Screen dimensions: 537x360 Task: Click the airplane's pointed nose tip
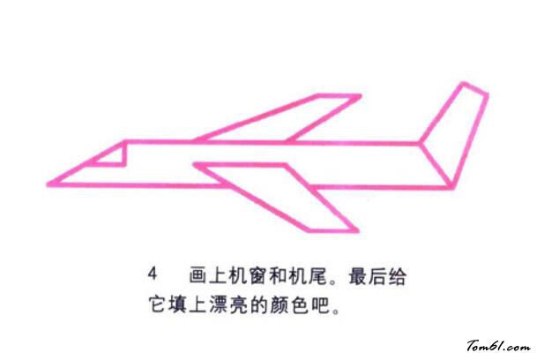click(x=48, y=185)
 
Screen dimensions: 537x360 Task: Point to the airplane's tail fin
click(x=454, y=135)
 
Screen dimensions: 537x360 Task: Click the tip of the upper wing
click(x=361, y=96)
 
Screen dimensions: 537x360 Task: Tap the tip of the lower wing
click(x=357, y=230)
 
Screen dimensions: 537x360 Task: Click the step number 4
click(x=153, y=274)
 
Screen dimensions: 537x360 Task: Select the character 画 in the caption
click(x=198, y=275)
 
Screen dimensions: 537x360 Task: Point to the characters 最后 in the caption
click(x=368, y=276)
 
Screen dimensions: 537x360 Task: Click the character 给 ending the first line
click(x=398, y=276)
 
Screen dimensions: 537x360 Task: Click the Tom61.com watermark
click(x=499, y=346)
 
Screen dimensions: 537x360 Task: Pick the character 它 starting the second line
click(x=158, y=304)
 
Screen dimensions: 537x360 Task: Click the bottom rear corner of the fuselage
click(x=451, y=187)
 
